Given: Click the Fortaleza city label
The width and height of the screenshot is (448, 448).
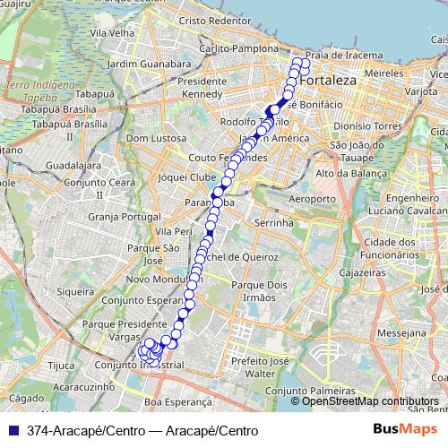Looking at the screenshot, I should pyautogui.click(x=329, y=81).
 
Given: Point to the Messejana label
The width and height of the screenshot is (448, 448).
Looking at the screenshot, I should pyautogui.click(x=403, y=332).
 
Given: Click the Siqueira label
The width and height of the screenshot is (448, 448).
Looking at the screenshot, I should pyautogui.click(x=74, y=291).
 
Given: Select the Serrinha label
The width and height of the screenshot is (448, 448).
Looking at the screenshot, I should pyautogui.click(x=274, y=222).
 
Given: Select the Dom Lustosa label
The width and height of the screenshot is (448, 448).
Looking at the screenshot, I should pyautogui.click(x=157, y=139).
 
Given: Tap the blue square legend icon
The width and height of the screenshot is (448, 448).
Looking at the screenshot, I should pyautogui.click(x=10, y=430).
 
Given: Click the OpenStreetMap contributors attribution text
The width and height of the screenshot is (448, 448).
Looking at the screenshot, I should pyautogui.click(x=370, y=401).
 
